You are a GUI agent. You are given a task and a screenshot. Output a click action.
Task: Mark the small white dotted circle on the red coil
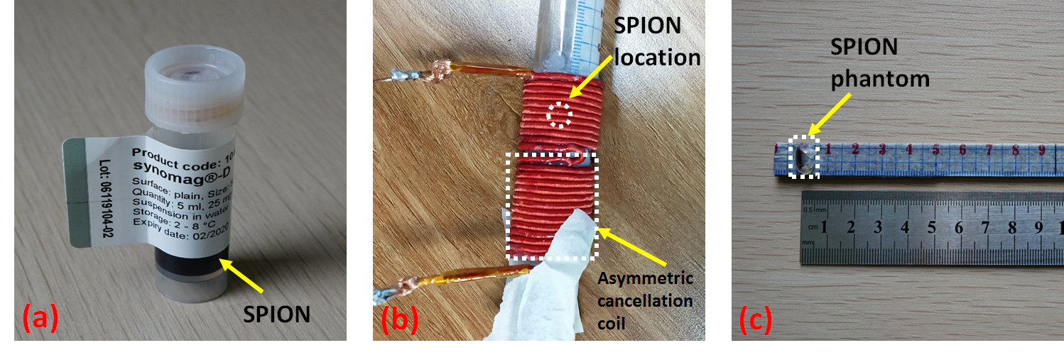tap(560, 114)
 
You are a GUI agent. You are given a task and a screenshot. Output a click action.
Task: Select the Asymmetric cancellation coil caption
tap(645, 300)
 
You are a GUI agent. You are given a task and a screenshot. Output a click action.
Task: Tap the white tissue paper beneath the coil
tap(540, 284)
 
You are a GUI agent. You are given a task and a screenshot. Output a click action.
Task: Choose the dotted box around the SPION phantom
tap(805, 156)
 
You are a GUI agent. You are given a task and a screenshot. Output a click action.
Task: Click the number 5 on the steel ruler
tap(930, 228)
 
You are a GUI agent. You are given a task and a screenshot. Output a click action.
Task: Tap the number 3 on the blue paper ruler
tap(881, 150)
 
